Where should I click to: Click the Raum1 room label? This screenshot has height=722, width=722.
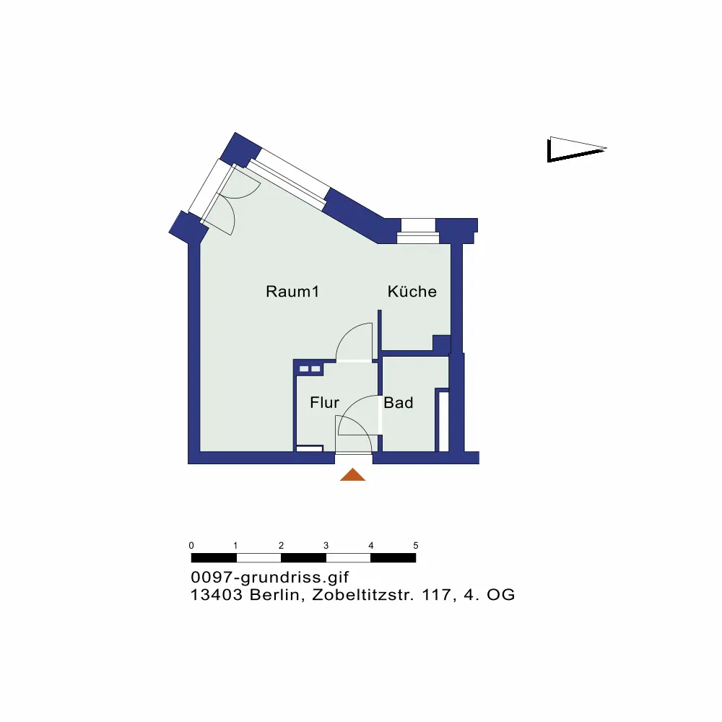[292, 292]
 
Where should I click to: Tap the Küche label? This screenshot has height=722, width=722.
[412, 292]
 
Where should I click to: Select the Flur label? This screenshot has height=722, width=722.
[324, 403]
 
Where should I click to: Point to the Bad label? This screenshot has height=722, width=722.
[399, 403]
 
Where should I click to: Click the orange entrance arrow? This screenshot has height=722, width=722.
[352, 474]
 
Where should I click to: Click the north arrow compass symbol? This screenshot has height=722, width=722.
[575, 149]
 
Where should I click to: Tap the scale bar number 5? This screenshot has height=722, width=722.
[415, 545]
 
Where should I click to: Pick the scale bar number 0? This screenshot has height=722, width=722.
[191, 545]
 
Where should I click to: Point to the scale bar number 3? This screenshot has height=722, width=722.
[326, 545]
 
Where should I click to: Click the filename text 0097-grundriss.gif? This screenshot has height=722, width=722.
[270, 578]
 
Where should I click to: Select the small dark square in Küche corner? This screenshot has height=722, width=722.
[440, 344]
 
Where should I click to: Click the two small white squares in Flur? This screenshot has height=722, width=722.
[309, 369]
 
